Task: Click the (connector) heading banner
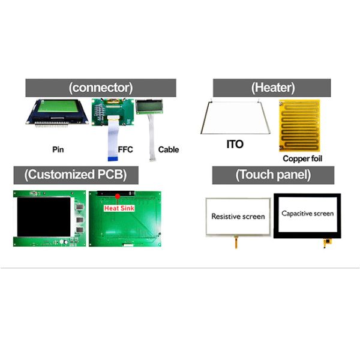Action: pyautogui.click(x=101, y=88)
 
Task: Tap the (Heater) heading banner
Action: pyautogui.click(x=272, y=88)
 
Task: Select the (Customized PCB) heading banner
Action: pyautogui.click(x=76, y=175)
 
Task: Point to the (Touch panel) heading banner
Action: pyautogui.click(x=273, y=175)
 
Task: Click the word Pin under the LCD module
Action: pyautogui.click(x=58, y=149)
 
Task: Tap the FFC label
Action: pyautogui.click(x=125, y=149)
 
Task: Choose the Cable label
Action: pyautogui.click(x=169, y=149)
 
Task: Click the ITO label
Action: pyautogui.click(x=235, y=145)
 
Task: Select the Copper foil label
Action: pyautogui.click(x=302, y=158)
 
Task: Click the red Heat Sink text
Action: pyautogui.click(x=119, y=208)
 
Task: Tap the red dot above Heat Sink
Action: pyautogui.click(x=118, y=196)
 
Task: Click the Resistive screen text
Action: pyautogui.click(x=238, y=217)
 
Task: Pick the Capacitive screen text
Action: pyautogui.click(x=308, y=214)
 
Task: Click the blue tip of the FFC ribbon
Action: pyautogui.click(x=113, y=158)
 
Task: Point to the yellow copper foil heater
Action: pyautogui.click(x=299, y=125)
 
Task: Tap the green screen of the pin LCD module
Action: pyautogui.click(x=58, y=106)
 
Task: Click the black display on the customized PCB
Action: pyautogui.click(x=44, y=217)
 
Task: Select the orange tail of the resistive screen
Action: pyautogui.click(x=236, y=242)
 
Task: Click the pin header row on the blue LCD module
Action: pyautogui.click(x=52, y=124)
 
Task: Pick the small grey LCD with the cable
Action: pyautogui.click(x=149, y=107)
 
